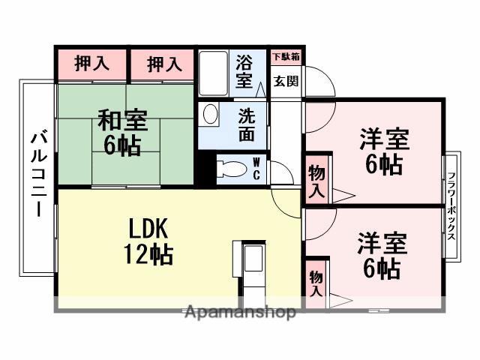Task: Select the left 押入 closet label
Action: [x=91, y=64]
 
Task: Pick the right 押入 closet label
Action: [x=163, y=64]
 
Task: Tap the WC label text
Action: [x=256, y=168]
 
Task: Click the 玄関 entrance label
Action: [x=285, y=81]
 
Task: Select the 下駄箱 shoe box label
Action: [x=286, y=56]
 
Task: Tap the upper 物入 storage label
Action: [x=317, y=180]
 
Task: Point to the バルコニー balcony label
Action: [x=38, y=175]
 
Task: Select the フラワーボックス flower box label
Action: [x=452, y=204]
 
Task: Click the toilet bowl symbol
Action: [x=229, y=169]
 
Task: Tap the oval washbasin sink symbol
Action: [x=211, y=114]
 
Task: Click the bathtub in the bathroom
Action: [x=214, y=72]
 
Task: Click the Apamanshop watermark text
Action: [x=239, y=313]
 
